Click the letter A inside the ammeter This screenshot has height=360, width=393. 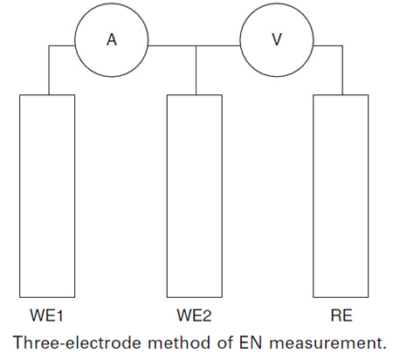(112, 39)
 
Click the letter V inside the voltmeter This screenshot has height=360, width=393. (277, 39)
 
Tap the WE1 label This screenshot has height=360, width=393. (46, 315)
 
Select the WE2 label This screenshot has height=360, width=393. (194, 315)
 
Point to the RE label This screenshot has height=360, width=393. (341, 315)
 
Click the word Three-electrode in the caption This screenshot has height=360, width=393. (78, 343)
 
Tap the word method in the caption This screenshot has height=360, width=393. (179, 343)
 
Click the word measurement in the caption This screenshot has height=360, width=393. (327, 343)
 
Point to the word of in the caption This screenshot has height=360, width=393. (224, 343)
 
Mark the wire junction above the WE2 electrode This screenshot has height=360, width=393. (196, 45)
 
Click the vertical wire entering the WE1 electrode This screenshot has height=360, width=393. (49, 70)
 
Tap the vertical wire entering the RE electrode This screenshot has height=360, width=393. (342, 70)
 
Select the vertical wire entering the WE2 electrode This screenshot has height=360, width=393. (196, 70)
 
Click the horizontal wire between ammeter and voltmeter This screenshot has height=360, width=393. (194, 45)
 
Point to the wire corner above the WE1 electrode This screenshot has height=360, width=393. (49, 45)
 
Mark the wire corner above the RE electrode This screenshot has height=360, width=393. (342, 45)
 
